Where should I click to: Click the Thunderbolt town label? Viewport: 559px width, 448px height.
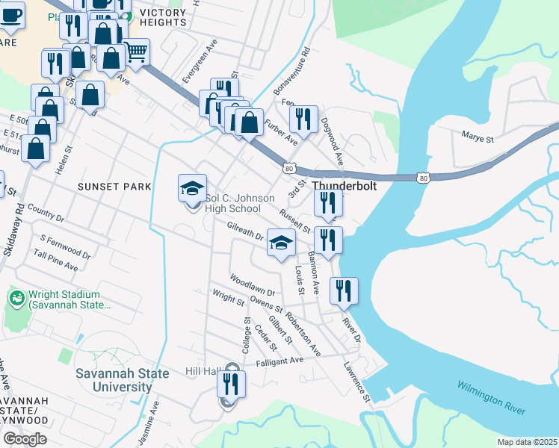[x=344, y=186]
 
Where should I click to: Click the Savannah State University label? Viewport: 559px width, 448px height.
[x=112, y=380]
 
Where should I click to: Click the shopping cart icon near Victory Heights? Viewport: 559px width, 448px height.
[x=136, y=52]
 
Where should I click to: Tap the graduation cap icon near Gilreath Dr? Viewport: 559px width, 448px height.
[x=281, y=243]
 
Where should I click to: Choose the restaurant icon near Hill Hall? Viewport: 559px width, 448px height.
[x=231, y=384]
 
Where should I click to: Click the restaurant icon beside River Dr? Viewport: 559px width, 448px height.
[x=343, y=290]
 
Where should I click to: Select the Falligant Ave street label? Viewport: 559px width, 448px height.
[x=279, y=360]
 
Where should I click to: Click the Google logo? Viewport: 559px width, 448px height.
[x=25, y=438]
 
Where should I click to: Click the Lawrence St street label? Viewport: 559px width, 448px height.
[x=358, y=382]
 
